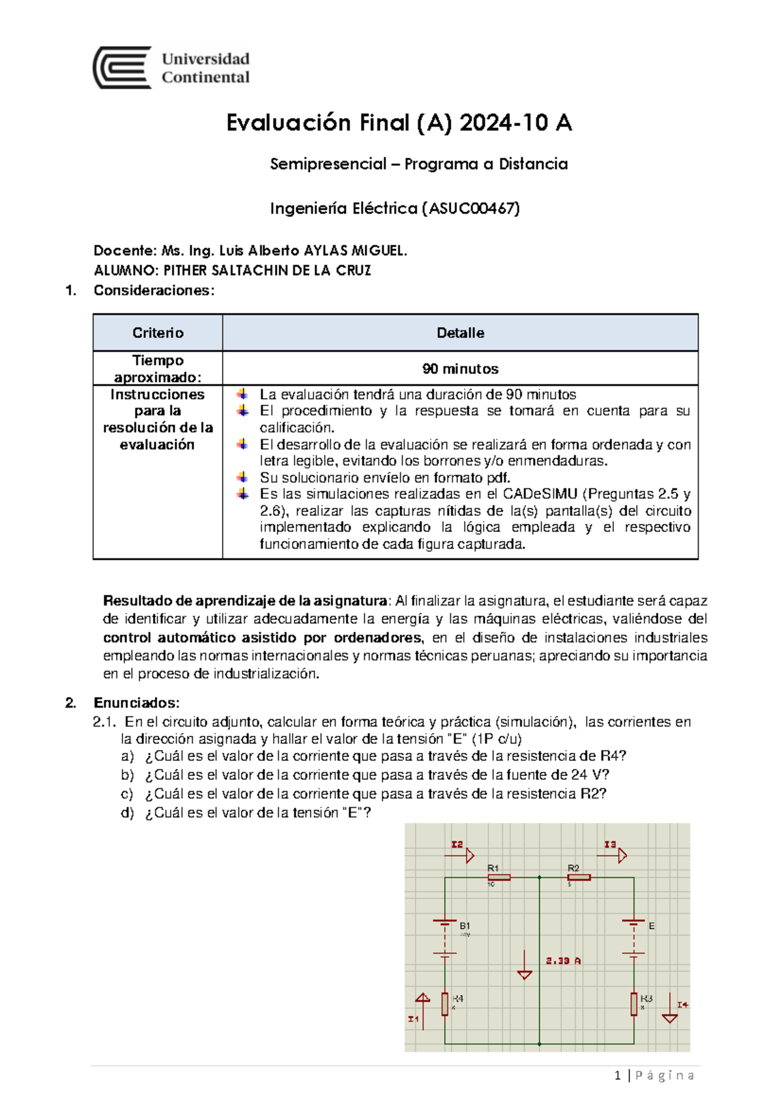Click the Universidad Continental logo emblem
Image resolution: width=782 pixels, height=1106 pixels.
click(x=123, y=68)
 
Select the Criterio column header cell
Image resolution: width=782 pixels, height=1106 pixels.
click(x=158, y=333)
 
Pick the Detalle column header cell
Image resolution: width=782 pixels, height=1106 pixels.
click(x=460, y=333)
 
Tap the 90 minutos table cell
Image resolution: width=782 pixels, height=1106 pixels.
click(x=460, y=369)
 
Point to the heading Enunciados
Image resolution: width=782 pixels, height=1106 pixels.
click(x=136, y=703)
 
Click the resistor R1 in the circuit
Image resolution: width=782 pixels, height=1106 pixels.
click(x=499, y=878)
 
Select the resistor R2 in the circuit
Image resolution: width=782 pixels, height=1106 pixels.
click(x=579, y=878)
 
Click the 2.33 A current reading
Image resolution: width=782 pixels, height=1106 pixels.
click(x=563, y=961)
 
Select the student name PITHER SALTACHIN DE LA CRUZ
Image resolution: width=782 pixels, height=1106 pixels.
click(x=267, y=271)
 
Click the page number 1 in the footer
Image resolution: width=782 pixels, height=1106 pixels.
click(x=617, y=1076)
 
